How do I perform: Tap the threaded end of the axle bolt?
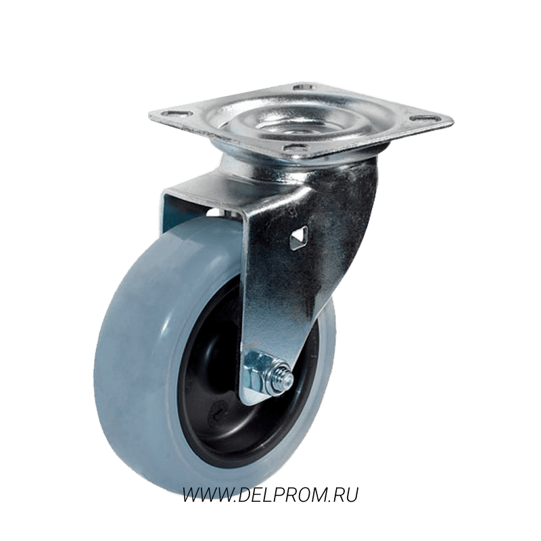tap(287, 376)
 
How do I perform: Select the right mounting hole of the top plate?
tap(425, 118)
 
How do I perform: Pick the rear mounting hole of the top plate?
tap(304, 87)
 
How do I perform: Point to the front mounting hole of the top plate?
tap(294, 148)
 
